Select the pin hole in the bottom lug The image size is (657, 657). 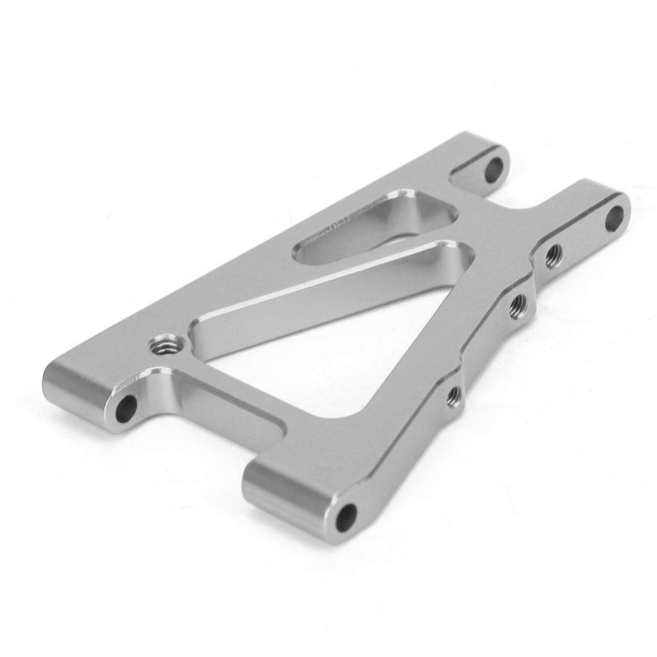347,516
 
